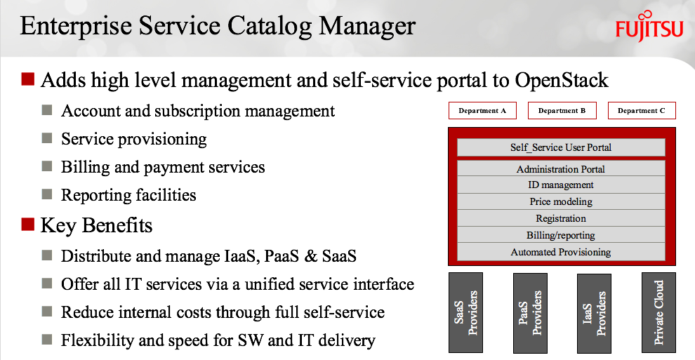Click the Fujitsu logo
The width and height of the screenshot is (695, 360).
(x=649, y=26)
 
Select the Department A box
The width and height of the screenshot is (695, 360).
(x=482, y=111)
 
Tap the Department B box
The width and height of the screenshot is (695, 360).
(x=562, y=111)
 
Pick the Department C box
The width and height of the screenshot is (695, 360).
(x=642, y=111)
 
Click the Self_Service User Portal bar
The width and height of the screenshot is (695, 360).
(x=561, y=147)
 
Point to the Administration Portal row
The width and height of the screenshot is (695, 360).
(x=561, y=168)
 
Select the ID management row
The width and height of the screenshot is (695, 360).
(x=561, y=185)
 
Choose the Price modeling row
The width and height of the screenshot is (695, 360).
(x=561, y=201)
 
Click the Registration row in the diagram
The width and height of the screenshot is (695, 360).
(x=561, y=218)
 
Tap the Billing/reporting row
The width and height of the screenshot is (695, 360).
(x=561, y=235)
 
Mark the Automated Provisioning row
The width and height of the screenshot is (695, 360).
(x=561, y=252)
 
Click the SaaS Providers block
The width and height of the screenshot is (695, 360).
(x=465, y=312)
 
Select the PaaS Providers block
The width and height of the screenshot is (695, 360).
(x=530, y=312)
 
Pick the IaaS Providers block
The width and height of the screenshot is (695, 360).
(x=594, y=313)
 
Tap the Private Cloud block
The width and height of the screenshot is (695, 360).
(x=658, y=312)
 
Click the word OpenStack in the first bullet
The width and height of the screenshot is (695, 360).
(x=562, y=81)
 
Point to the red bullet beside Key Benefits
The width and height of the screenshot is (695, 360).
(x=27, y=225)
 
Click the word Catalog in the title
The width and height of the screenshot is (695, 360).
(x=270, y=26)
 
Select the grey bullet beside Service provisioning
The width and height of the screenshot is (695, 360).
(x=47, y=138)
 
